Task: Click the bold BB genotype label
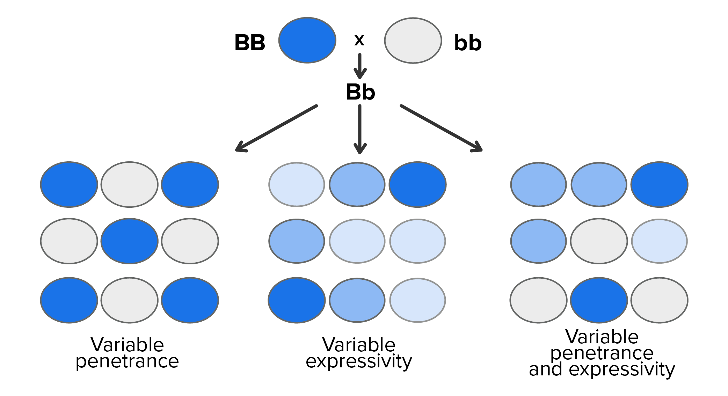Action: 250,43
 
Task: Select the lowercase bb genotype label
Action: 468,43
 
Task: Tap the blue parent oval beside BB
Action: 307,40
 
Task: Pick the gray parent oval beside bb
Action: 413,40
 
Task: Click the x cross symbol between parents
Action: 359,41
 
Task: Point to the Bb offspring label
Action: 360,92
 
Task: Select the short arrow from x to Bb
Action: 360,66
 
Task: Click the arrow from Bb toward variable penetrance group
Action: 276,128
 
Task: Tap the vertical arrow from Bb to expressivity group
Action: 360,129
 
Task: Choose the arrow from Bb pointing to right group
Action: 441,128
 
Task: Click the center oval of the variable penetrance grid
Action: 130,241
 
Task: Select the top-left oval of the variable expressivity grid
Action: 297,184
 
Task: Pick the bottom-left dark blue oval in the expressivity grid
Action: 297,300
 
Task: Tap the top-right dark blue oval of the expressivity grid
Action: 417,184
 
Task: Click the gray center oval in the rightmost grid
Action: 599,241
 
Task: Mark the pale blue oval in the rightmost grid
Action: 659,241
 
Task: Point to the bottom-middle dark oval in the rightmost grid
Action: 599,300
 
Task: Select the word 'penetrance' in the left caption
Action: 127,361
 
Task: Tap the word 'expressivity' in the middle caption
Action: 359,361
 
